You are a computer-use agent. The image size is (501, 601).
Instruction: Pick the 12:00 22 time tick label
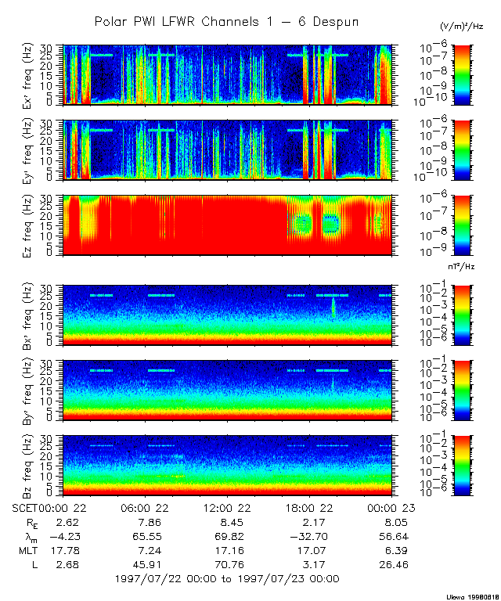(x=226, y=507)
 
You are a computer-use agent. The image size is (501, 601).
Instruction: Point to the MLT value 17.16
(x=226, y=551)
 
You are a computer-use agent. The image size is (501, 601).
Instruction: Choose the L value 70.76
(x=226, y=565)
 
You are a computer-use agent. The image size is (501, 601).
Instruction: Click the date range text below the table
(x=226, y=579)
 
